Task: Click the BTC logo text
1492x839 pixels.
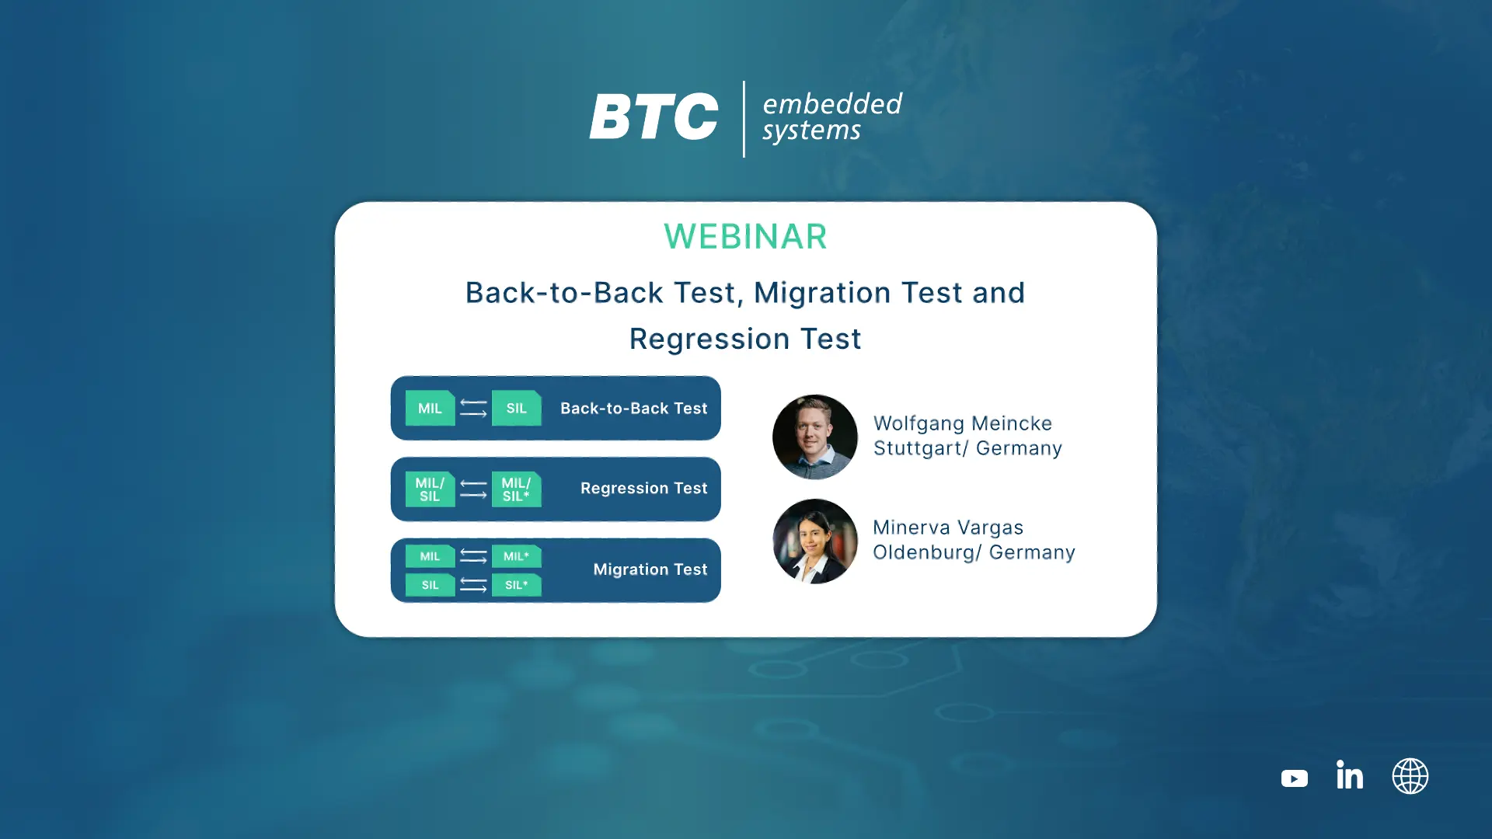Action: tap(654, 117)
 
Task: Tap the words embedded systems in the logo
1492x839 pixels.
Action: tap(832, 117)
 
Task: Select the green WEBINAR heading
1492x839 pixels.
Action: tap(745, 237)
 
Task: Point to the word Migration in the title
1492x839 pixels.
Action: tap(822, 293)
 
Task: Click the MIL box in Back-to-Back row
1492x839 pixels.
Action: tap(430, 408)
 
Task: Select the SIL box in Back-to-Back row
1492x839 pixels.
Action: tap(516, 408)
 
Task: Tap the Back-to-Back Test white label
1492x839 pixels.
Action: tap(633, 408)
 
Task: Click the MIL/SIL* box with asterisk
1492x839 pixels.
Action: tap(516, 489)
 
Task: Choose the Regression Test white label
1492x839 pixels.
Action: tap(643, 489)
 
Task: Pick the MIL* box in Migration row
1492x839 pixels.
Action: tap(516, 556)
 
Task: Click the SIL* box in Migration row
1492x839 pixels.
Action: tap(516, 585)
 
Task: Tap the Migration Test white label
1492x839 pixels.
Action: tap(650, 569)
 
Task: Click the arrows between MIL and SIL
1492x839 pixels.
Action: tap(473, 408)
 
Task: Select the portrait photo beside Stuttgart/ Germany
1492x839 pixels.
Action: tap(814, 437)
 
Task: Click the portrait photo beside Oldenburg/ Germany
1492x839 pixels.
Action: tap(814, 541)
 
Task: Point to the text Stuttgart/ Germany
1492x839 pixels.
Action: tap(967, 449)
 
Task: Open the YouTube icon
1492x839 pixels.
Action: tap(1294, 778)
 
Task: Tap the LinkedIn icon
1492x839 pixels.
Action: tap(1350, 775)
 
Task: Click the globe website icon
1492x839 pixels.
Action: tap(1410, 776)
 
